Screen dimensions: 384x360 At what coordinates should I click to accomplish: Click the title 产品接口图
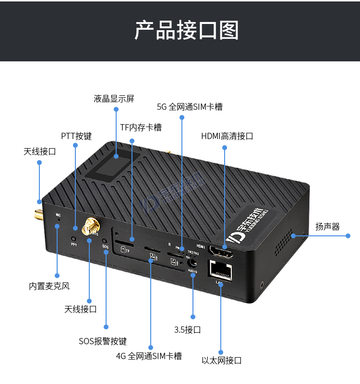[186, 30]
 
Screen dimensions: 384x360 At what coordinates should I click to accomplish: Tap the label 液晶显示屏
[114, 99]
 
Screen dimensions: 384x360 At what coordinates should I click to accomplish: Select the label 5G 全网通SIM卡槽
[190, 106]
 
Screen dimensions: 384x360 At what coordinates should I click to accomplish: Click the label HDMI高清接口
[227, 136]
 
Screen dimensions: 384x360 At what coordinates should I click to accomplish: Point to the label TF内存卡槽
[141, 127]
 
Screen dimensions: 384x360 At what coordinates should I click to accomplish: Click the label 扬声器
[327, 226]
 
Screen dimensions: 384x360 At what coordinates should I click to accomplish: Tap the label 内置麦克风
[49, 286]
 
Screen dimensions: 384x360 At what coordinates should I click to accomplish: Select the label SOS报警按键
[103, 341]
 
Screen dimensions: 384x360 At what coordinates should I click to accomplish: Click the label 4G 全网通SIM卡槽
[149, 356]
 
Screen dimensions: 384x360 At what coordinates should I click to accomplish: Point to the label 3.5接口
[187, 330]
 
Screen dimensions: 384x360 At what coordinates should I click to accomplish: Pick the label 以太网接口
[221, 361]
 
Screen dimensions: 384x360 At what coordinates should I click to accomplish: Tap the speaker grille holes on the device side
[283, 242]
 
